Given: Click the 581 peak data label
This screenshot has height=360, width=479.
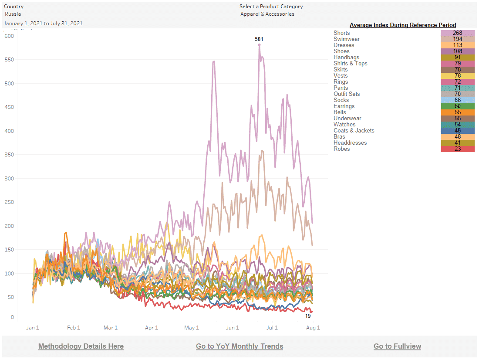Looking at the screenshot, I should (259, 39).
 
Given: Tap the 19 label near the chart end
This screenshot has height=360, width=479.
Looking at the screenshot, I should (308, 316).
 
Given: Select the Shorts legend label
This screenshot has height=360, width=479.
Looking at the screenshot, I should (342, 33).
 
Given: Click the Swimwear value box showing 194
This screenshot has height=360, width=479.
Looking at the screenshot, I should (458, 39).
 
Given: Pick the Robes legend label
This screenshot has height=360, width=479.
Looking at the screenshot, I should (342, 149).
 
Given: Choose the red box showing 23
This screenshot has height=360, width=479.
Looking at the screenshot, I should (458, 149).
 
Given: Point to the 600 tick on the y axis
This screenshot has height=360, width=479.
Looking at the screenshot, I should (10, 36).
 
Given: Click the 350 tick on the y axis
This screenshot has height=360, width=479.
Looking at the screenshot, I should (10, 155).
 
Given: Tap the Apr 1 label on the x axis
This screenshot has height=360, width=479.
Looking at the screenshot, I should (152, 328).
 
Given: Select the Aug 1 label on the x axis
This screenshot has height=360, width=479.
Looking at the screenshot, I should (313, 328).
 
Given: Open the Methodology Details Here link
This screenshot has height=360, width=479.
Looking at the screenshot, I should (81, 346).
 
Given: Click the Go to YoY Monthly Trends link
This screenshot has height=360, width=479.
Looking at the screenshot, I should (239, 346).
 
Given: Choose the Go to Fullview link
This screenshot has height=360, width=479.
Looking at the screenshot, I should (397, 346).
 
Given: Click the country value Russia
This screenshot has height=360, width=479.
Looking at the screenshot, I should (13, 14).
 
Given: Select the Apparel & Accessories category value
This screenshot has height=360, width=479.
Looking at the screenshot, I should (267, 14).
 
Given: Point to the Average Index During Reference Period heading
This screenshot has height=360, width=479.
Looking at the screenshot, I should (403, 25).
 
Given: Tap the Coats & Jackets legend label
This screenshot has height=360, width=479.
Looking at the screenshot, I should (354, 131).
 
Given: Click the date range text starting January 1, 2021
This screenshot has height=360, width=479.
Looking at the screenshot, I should (43, 24).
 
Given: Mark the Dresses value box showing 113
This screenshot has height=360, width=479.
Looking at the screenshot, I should (458, 45).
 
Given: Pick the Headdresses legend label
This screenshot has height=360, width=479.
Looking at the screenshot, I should (350, 143).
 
